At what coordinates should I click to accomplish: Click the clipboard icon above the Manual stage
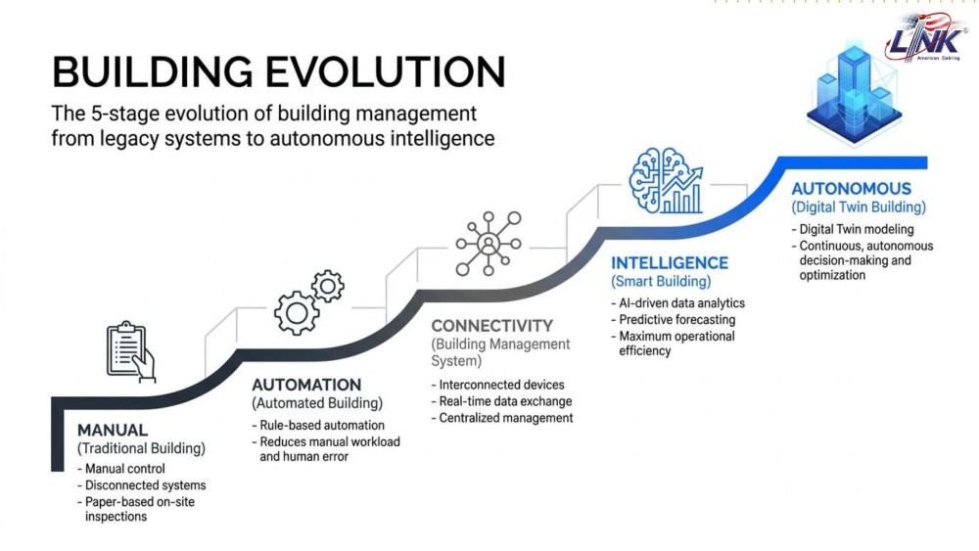pos(130,351)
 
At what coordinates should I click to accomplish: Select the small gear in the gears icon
pos(327,286)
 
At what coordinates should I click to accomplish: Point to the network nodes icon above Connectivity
pos(489,244)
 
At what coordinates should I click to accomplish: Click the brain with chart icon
pos(666,180)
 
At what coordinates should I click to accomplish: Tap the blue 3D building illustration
pos(854,94)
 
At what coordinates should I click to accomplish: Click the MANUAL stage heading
pos(113,430)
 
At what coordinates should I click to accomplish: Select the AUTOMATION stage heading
pos(306,385)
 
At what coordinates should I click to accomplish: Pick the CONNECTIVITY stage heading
pos(492,326)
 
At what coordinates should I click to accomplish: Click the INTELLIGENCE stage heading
pos(670,262)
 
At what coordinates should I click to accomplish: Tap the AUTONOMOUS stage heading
pos(851,189)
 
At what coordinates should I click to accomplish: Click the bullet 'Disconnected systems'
pos(142,485)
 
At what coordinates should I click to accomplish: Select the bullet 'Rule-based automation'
pos(318,426)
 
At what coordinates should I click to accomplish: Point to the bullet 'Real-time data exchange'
pos(501,402)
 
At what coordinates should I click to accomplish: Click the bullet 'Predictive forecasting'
pos(674,320)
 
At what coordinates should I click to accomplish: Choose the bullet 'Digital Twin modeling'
pos(853,230)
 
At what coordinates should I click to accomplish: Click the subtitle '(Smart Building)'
pos(661,282)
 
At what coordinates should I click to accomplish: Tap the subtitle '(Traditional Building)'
pos(141,448)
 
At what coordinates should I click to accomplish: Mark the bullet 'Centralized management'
pos(502,418)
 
